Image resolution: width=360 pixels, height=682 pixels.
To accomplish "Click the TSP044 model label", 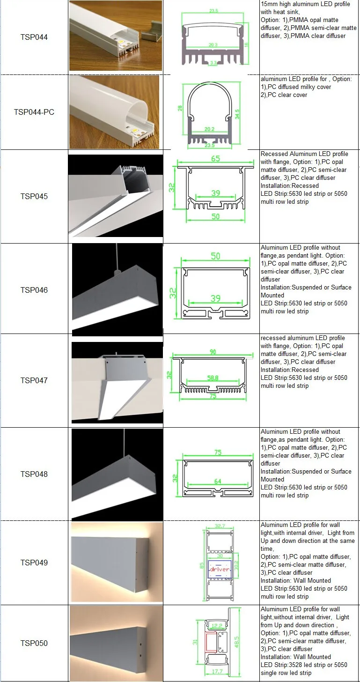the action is tap(34, 37).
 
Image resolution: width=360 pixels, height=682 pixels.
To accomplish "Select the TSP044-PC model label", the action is tap(34, 112).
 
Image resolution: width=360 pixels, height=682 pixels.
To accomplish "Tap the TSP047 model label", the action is tap(34, 380).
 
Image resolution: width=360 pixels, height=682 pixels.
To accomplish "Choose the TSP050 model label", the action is tap(34, 643).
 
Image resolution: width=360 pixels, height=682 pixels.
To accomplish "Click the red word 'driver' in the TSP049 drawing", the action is tap(219, 569).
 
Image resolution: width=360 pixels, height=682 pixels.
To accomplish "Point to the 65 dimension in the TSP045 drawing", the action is tap(215, 158).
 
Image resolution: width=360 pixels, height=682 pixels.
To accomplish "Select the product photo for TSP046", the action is tap(117, 289).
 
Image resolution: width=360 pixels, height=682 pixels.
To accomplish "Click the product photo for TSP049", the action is tap(117, 562).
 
